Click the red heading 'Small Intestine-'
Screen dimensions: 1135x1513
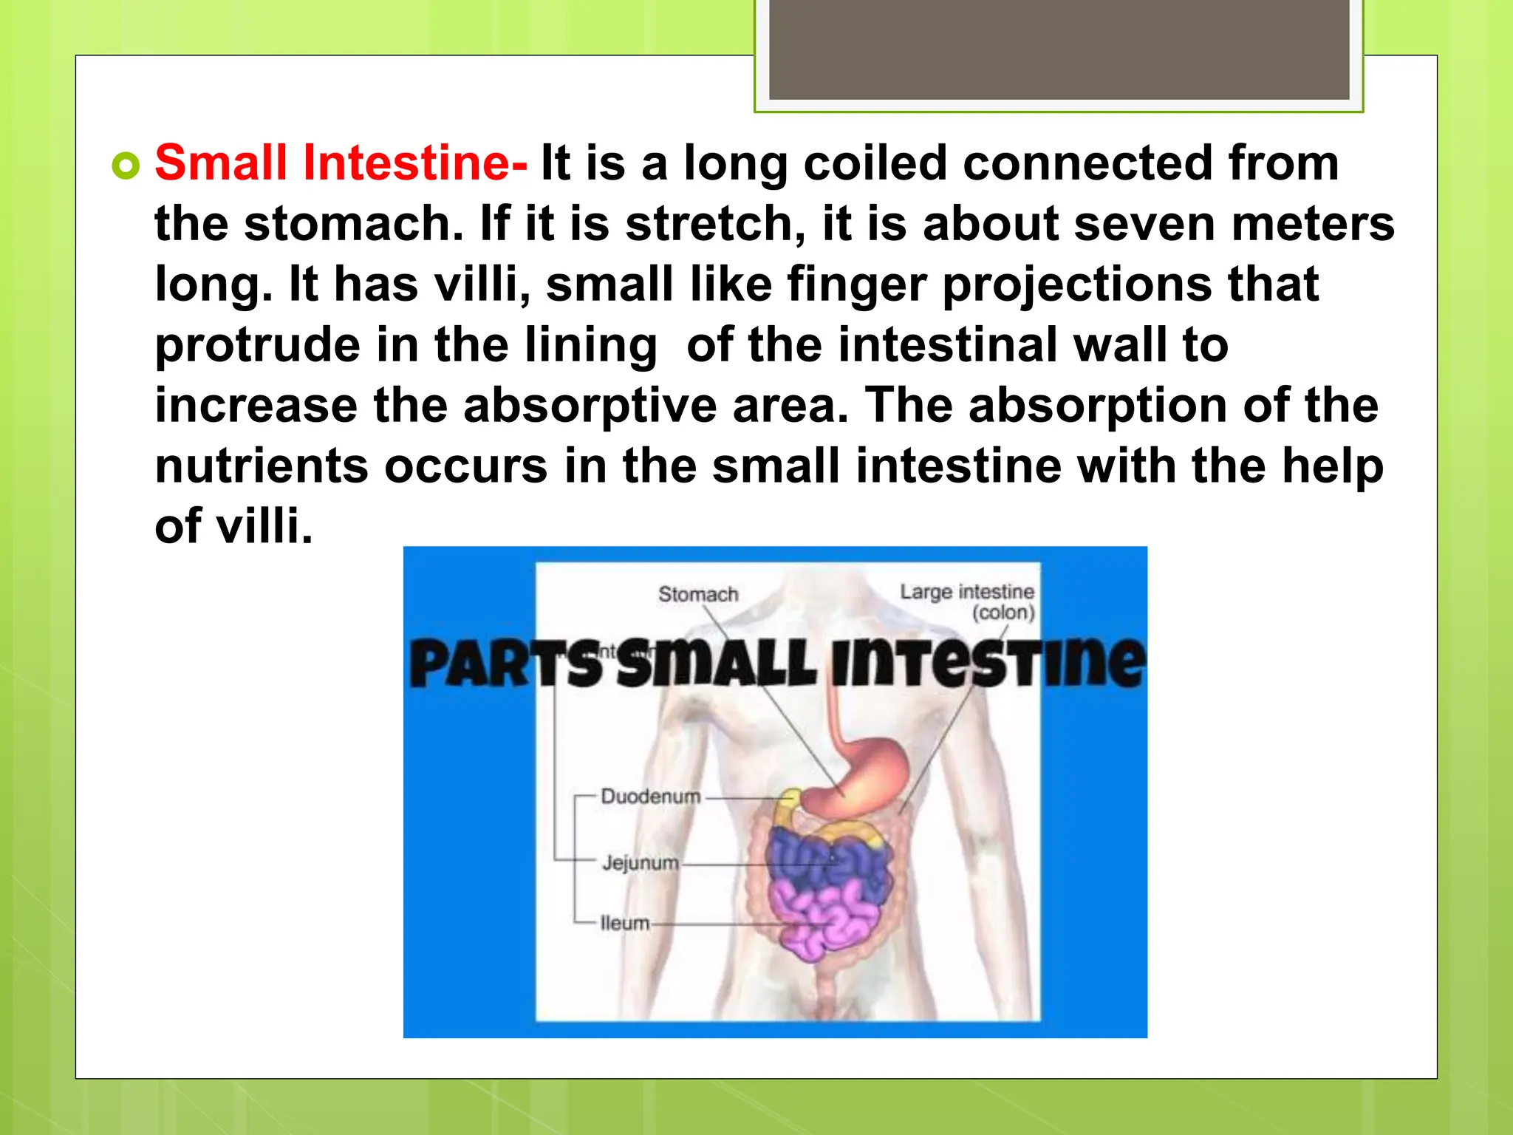pos(341,163)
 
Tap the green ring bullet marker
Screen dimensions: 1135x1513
pos(126,166)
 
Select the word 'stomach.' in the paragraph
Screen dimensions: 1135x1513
pos(353,223)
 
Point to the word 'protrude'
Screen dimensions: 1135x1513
pos(256,346)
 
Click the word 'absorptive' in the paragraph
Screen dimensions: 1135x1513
pos(590,406)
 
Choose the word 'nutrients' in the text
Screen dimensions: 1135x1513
pos(261,466)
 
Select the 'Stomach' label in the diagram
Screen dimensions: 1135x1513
pos(698,594)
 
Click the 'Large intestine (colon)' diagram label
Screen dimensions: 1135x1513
pos(967,601)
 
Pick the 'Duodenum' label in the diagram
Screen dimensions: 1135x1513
pos(650,797)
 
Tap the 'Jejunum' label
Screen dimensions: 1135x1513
pos(640,862)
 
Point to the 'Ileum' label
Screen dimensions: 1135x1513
pos(625,923)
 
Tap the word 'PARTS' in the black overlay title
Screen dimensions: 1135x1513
pos(506,663)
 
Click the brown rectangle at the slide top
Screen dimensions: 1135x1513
pos(1059,49)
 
